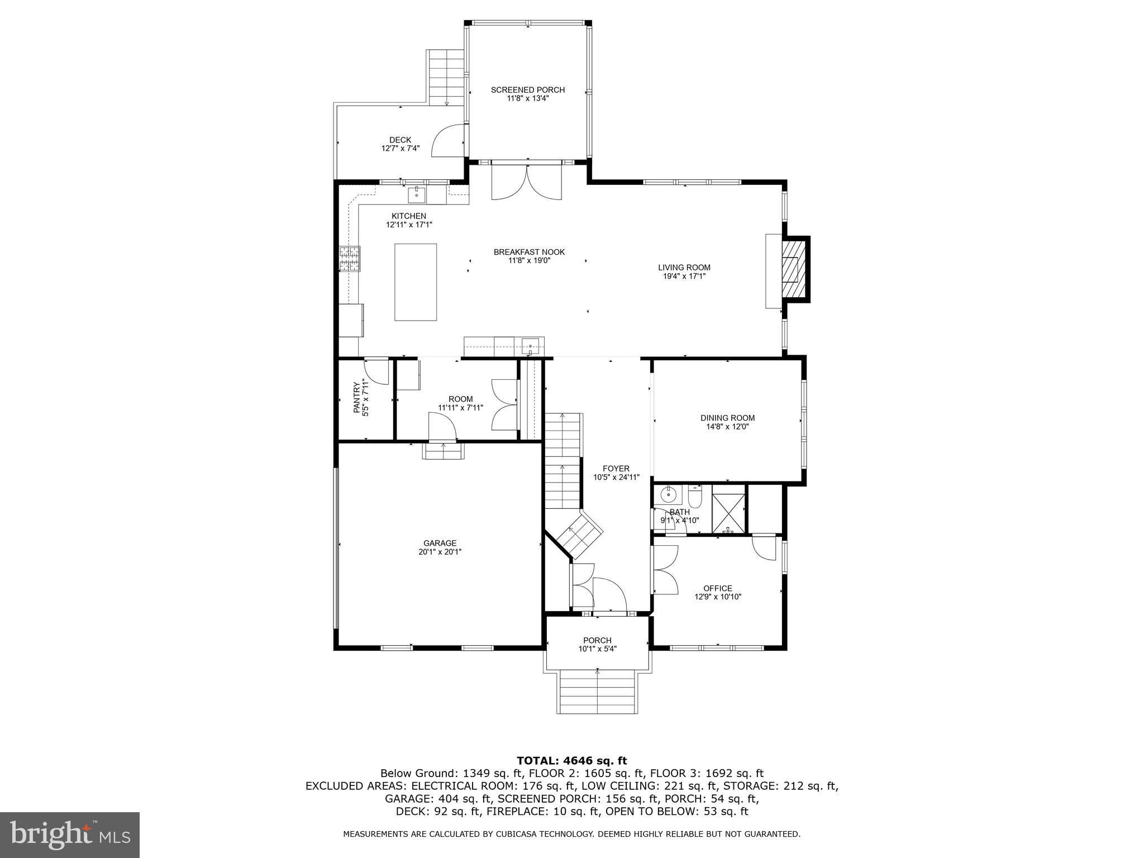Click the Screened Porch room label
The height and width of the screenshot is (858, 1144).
[x=527, y=90]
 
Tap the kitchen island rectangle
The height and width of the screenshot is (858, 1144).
[x=415, y=282]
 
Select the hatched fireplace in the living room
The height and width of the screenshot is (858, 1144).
[x=795, y=270]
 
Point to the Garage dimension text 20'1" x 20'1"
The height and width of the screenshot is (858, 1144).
[x=440, y=552]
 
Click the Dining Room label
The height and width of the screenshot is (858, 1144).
[x=727, y=418]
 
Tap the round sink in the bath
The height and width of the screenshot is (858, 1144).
[x=668, y=494]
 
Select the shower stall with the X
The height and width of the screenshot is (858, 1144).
[x=729, y=509]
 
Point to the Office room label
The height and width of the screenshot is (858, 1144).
[x=717, y=588]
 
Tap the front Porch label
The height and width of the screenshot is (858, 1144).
[x=597, y=640]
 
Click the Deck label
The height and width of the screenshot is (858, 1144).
[x=400, y=140]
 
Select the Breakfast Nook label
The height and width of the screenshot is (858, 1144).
[x=529, y=252]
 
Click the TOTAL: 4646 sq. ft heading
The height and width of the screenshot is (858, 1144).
[x=571, y=760]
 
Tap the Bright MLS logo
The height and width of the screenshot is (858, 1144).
[x=69, y=835]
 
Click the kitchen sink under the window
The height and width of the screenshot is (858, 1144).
[x=417, y=195]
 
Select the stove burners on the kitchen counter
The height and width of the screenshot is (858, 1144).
[x=350, y=259]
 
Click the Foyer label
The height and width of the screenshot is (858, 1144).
[x=616, y=469]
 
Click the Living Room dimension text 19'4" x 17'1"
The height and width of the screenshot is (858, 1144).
[x=684, y=276]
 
